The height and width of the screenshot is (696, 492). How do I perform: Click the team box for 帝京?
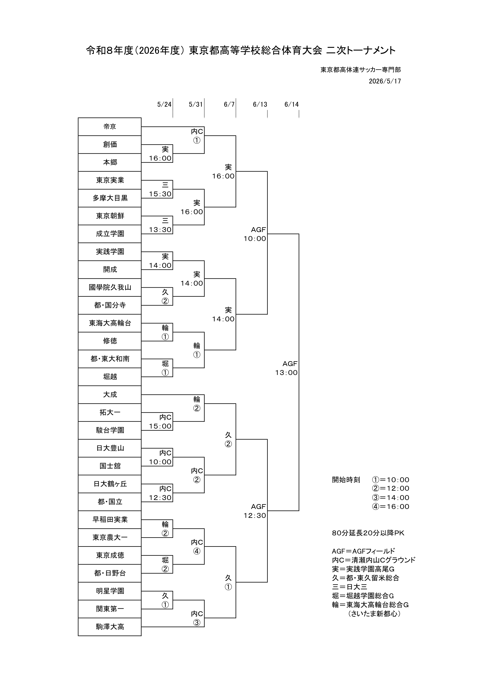tap(110, 127)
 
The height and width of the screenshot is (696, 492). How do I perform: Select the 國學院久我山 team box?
tap(110, 287)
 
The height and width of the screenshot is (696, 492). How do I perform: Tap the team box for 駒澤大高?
tap(110, 627)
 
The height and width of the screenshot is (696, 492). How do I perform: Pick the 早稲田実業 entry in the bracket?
tap(110, 520)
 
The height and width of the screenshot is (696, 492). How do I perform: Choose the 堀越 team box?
tap(110, 377)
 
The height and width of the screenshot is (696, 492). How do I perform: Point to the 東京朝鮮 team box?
tap(110, 216)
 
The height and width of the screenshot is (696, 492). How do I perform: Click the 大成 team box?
tap(110, 395)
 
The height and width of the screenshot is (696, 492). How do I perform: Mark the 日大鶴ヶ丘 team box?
tap(110, 484)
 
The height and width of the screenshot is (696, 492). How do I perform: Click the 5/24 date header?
tap(164, 105)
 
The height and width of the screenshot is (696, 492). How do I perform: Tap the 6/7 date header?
tap(229, 105)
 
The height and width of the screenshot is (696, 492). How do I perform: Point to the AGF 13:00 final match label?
tap(286, 368)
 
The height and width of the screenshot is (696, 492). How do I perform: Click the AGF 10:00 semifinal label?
tap(255, 234)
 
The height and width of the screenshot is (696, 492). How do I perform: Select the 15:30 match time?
tap(160, 194)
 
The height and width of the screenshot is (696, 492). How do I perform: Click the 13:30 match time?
tap(160, 230)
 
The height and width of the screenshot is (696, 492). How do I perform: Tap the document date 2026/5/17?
tap(385, 81)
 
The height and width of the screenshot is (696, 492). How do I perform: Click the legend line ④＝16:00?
tap(390, 507)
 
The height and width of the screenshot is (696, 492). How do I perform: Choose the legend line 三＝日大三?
tap(350, 586)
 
